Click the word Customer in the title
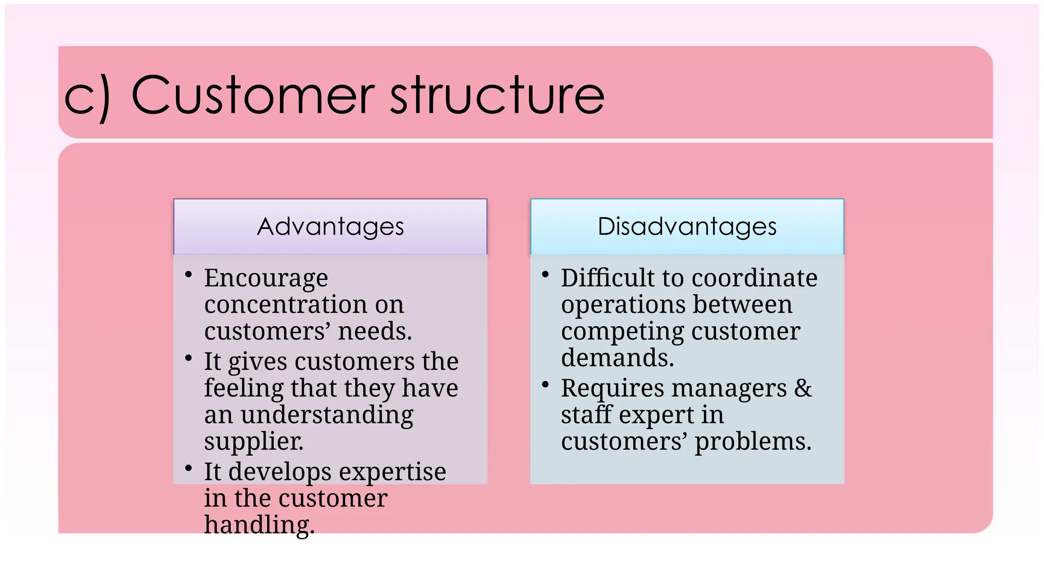pyautogui.click(x=252, y=95)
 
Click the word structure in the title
pyautogui.click(x=497, y=95)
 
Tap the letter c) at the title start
pyautogui.click(x=87, y=97)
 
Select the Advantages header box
pyautogui.click(x=330, y=226)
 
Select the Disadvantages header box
pyautogui.click(x=687, y=226)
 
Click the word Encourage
pyautogui.click(x=266, y=279)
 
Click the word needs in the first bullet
pyautogui.click(x=375, y=332)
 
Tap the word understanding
pyautogui.click(x=327, y=415)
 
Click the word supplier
pyautogui.click(x=253, y=442)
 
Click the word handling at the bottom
pyautogui.click(x=259, y=525)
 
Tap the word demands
pyautogui.click(x=617, y=358)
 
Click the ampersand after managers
pyautogui.click(x=803, y=389)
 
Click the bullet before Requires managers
pyautogui.click(x=545, y=385)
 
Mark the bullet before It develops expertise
pyautogui.click(x=189, y=468)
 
